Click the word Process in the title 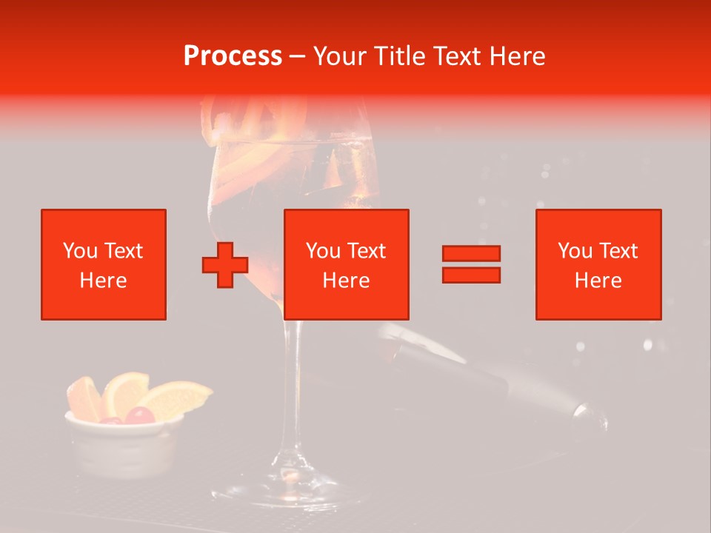click(233, 56)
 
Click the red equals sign click(471, 264)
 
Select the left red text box click(104, 264)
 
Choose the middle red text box click(347, 264)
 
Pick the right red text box click(598, 264)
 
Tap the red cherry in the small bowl click(139, 416)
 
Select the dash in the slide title click(298, 57)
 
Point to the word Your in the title click(341, 56)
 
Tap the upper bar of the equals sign click(471, 254)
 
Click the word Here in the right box click(598, 281)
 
